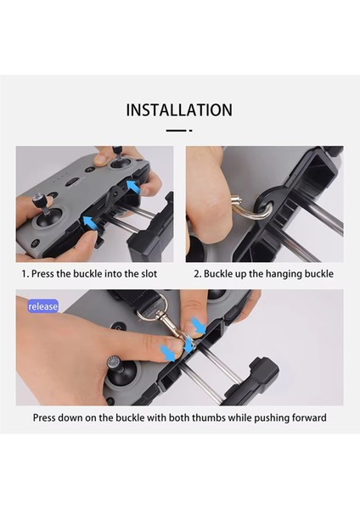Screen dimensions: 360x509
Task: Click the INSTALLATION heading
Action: [179, 110]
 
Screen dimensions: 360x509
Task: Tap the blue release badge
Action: [43, 306]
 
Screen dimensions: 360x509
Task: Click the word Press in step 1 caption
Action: [42, 274]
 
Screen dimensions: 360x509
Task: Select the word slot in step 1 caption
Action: [149, 274]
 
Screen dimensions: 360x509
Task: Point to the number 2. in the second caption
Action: [198, 274]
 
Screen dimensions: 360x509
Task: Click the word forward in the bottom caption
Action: [309, 417]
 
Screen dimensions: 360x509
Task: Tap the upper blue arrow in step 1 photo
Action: [132, 187]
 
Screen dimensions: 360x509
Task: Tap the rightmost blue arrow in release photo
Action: [198, 326]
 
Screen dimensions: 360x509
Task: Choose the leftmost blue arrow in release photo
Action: [168, 353]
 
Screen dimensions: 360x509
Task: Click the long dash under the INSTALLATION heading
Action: [176, 131]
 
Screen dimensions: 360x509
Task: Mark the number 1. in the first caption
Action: [25, 274]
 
